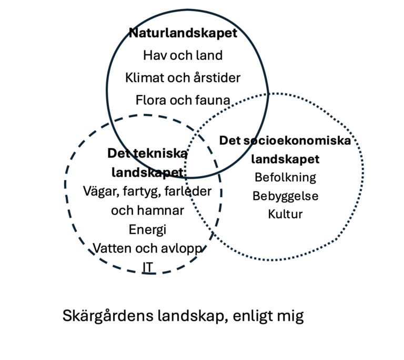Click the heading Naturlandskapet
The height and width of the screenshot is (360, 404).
183,33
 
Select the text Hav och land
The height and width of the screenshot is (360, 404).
183,55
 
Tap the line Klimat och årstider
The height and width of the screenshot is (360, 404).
183,77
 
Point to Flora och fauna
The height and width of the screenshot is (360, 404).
183,100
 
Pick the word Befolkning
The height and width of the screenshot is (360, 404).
286,178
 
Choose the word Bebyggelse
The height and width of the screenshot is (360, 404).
286,196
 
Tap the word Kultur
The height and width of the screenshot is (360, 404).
286,214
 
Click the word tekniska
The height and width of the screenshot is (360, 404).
160,153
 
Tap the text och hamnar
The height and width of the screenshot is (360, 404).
148,211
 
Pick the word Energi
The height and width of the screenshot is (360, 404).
148,230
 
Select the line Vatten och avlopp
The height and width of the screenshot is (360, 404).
148,249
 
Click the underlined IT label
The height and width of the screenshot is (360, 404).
148,268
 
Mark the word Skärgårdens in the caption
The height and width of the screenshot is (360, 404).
108,316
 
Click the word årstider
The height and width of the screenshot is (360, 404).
217,77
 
